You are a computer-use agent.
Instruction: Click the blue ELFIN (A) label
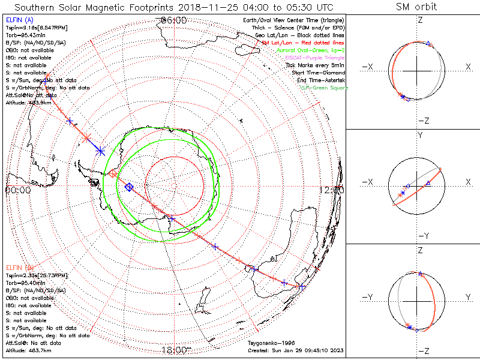pyautogui.click(x=19, y=20)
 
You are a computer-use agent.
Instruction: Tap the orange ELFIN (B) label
pyautogui.click(x=19, y=266)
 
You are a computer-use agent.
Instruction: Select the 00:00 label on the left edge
pyautogui.click(x=18, y=190)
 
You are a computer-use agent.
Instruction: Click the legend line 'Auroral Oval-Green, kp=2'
pyautogui.click(x=311, y=50)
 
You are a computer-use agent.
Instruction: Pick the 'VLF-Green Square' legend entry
pyautogui.click(x=323, y=88)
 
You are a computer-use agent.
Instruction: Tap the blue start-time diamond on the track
pyautogui.click(x=128, y=187)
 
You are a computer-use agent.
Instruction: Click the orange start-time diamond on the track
pyautogui.click(x=113, y=174)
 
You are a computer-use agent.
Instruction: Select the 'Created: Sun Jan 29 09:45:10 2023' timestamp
pyautogui.click(x=295, y=350)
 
